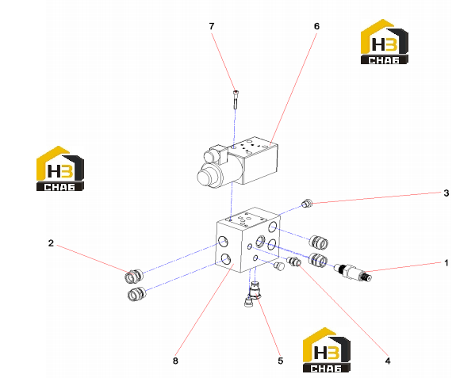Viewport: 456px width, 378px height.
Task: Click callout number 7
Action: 212,26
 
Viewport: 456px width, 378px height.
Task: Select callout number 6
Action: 316,26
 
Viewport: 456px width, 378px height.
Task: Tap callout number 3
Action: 446,193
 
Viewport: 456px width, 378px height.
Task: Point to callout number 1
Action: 446,263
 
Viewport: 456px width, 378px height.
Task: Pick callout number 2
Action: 51,243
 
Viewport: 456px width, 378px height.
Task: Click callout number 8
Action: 175,361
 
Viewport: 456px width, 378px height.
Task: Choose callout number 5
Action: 281,361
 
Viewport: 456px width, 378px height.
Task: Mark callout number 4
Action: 388,361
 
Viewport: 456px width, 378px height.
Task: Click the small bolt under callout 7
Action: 236,99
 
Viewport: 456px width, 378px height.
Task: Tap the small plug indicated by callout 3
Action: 307,203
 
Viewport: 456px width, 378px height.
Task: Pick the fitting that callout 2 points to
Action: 134,276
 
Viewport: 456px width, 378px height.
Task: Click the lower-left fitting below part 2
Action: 136,294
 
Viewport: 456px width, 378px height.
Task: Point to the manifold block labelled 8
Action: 247,239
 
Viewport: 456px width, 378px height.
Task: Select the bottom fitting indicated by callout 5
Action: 255,291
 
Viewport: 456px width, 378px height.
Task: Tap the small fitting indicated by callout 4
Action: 293,261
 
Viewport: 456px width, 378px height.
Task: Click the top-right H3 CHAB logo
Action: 384,41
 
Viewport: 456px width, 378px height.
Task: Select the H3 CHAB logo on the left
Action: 60,169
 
